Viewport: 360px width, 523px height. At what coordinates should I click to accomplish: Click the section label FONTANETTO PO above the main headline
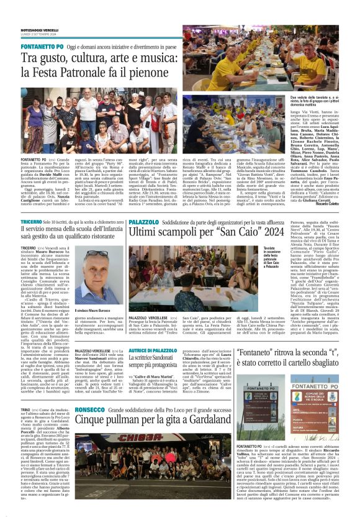[42, 47]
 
